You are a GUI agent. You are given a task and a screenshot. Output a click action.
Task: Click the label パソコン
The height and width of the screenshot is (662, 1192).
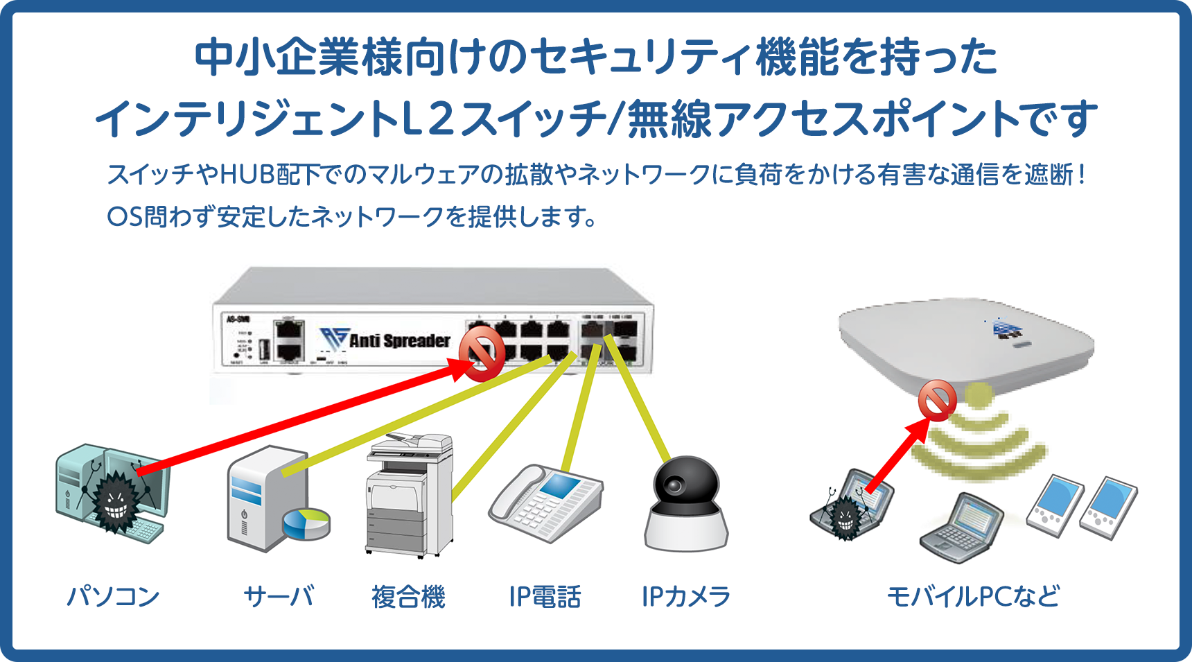(x=114, y=596)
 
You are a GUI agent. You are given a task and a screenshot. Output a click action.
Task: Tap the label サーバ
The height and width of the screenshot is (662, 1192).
(x=279, y=596)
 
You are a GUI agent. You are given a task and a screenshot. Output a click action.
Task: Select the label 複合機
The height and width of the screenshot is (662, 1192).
(x=408, y=596)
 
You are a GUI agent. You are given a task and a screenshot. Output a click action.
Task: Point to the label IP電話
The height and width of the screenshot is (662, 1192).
(x=545, y=596)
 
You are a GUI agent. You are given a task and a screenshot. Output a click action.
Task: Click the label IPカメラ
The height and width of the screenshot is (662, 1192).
(x=686, y=596)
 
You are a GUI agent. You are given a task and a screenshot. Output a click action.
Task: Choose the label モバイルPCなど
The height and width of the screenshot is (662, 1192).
(x=974, y=596)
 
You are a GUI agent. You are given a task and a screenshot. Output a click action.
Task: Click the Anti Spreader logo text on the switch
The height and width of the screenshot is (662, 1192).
(x=399, y=340)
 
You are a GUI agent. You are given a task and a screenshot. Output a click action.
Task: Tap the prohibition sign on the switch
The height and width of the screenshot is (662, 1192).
(x=483, y=354)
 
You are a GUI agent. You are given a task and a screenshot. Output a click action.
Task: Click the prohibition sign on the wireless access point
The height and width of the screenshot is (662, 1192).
(x=937, y=401)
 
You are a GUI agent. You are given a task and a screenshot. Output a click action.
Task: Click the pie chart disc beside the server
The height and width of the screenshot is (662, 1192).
(x=306, y=524)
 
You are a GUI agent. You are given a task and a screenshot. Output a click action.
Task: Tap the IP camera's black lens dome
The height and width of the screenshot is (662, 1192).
(x=686, y=485)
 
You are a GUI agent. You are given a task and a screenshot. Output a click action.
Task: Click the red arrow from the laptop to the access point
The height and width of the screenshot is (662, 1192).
(x=897, y=458)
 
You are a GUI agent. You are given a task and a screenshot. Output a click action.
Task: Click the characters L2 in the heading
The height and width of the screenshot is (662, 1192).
(x=428, y=119)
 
